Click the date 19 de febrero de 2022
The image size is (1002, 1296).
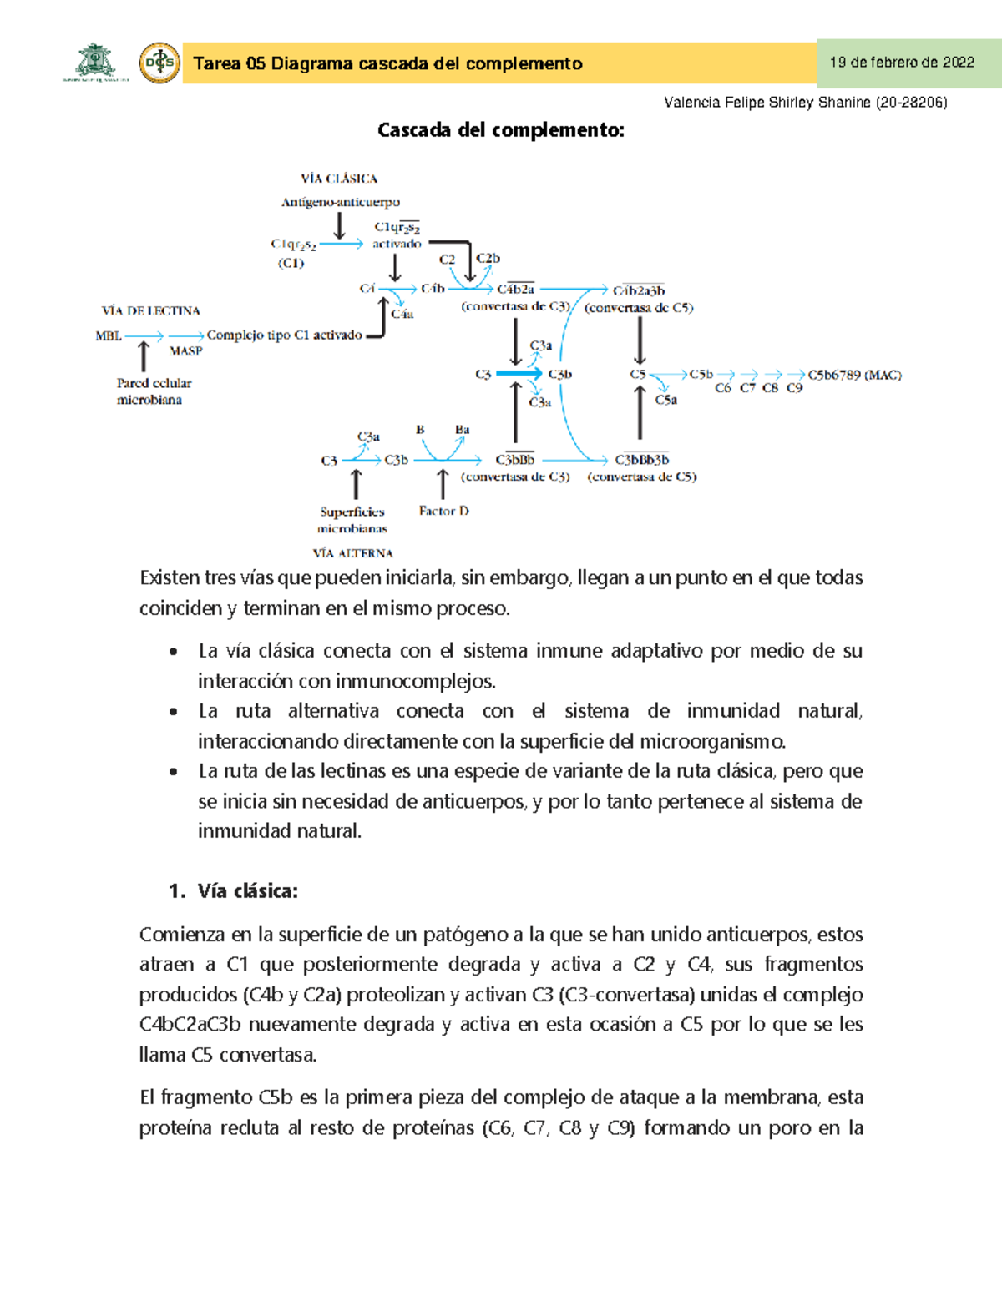click(902, 63)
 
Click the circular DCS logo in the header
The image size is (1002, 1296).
click(159, 63)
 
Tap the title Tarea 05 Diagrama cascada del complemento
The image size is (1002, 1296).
click(387, 63)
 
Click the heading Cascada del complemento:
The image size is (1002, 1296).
click(500, 130)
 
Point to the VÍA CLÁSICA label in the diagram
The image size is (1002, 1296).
click(339, 179)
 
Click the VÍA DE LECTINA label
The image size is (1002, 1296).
click(150, 310)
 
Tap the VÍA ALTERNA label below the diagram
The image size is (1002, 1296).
click(352, 552)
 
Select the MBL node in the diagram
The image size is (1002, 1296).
click(109, 335)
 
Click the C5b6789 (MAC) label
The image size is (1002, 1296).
click(854, 375)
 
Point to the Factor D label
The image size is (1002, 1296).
click(443, 511)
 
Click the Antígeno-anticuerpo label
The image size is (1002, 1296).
click(341, 202)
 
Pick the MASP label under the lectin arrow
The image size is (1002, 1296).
click(185, 350)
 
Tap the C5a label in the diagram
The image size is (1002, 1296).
click(665, 400)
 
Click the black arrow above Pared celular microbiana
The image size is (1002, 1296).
click(144, 356)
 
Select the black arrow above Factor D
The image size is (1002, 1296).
click(443, 484)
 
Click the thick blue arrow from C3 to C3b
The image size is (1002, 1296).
click(519, 374)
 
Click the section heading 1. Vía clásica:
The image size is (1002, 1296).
click(233, 891)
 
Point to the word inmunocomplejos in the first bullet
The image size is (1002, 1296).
click(415, 681)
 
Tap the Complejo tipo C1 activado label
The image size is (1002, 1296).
click(284, 335)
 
